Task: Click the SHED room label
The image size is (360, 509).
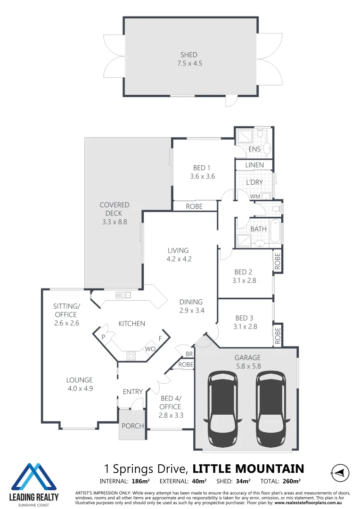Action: pyautogui.click(x=188, y=55)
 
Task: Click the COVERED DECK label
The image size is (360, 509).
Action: pyautogui.click(x=114, y=205)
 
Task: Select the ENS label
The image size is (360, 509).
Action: pyautogui.click(x=254, y=149)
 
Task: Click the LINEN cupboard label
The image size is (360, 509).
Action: pyautogui.click(x=254, y=165)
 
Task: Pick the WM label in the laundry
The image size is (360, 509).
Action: pyautogui.click(x=255, y=196)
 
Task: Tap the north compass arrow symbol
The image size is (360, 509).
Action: pyautogui.click(x=340, y=472)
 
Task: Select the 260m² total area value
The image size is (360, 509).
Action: pyautogui.click(x=292, y=481)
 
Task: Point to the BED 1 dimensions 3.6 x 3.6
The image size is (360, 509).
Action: pyautogui.click(x=202, y=176)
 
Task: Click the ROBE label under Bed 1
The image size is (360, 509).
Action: pyautogui.click(x=194, y=206)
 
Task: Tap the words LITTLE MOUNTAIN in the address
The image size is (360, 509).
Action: pyautogui.click(x=248, y=468)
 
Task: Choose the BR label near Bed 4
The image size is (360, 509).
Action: pyautogui.click(x=188, y=353)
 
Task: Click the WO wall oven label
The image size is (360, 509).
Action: pyautogui.click(x=150, y=349)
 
